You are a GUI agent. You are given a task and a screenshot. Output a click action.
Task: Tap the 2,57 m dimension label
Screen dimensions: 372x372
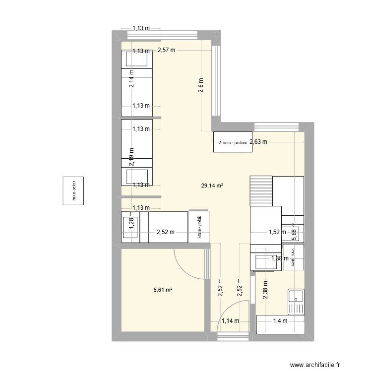point(167,50)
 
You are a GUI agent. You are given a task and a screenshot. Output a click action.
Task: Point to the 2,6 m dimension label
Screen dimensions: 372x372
point(201,88)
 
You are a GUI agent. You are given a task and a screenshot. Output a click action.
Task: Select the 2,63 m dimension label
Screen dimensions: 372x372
point(258,141)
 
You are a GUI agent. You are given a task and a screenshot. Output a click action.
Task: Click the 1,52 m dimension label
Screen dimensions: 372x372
point(277,231)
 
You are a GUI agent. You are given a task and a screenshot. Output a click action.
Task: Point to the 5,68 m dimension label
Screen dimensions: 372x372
point(294,232)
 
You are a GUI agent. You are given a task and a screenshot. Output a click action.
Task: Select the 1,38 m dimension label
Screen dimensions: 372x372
point(279,258)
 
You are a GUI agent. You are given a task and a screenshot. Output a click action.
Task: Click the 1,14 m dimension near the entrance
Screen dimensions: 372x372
point(230,321)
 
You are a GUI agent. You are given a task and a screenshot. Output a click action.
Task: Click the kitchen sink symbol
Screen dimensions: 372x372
point(296,299)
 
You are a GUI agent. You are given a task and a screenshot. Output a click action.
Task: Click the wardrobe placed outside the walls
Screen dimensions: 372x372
point(73,191)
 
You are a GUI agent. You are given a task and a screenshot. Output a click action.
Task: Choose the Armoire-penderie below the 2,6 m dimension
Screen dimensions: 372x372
point(233,142)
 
